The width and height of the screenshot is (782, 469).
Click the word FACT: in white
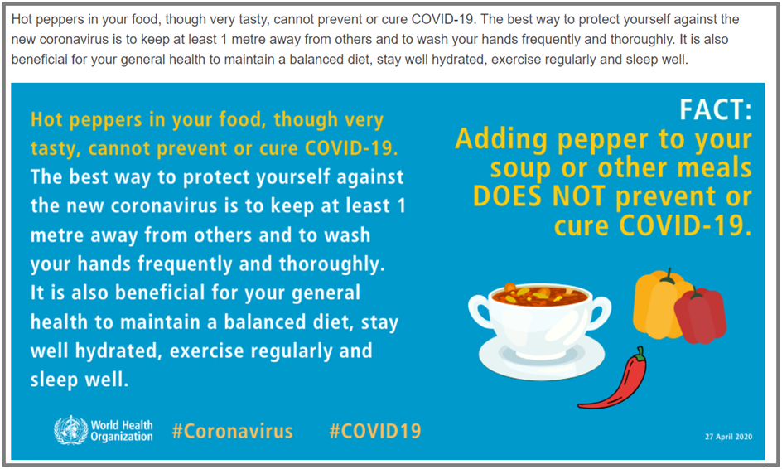click(x=715, y=109)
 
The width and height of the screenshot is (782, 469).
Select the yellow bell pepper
click(x=656, y=304)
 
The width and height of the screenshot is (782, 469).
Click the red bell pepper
click(x=700, y=316)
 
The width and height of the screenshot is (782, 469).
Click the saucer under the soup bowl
click(x=542, y=360)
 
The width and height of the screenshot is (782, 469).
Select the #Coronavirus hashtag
click(x=233, y=431)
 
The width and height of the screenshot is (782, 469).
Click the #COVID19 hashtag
click(x=375, y=431)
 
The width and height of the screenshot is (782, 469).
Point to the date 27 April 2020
click(x=728, y=437)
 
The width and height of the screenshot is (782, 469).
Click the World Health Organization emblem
click(x=70, y=430)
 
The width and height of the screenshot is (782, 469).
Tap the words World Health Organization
click(x=122, y=431)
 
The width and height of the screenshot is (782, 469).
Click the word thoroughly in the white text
click(x=331, y=264)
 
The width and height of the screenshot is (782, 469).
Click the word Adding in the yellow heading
click(x=501, y=139)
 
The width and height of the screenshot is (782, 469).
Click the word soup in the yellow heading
click(x=519, y=169)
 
